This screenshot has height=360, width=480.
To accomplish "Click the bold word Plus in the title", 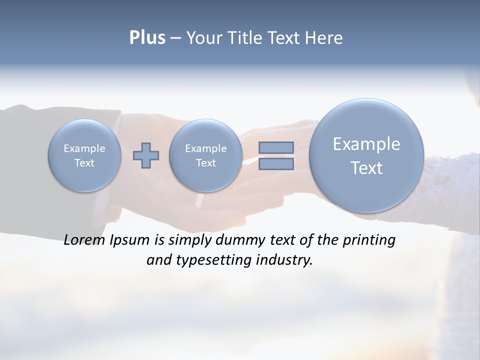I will [147, 38].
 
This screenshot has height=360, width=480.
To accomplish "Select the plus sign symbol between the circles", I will [146, 155].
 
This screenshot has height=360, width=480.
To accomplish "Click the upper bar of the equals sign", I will [276, 147].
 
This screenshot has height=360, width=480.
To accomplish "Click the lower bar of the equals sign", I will [276, 163].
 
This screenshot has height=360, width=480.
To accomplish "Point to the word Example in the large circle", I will [366, 144].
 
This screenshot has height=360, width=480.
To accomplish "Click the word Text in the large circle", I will [366, 168].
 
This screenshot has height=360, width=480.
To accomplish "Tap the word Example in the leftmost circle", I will [84, 148].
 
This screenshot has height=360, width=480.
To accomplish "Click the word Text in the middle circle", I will [205, 163].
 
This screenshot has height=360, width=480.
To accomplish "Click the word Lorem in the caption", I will [84, 240].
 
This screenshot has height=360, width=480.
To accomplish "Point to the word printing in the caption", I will [369, 240].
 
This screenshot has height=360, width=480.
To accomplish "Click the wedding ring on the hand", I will [199, 200].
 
